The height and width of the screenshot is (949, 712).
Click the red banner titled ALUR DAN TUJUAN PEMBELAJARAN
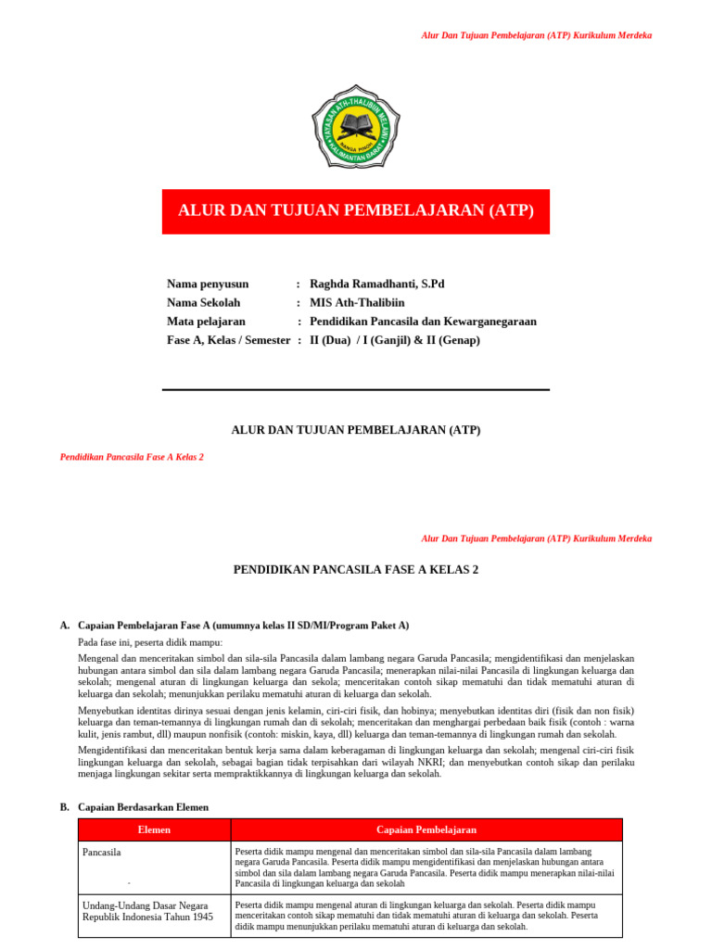356,211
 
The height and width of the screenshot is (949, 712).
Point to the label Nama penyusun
208,284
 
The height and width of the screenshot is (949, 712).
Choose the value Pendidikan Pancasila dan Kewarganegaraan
423,322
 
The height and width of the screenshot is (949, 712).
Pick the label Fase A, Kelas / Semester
228,340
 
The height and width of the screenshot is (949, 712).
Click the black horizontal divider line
356,389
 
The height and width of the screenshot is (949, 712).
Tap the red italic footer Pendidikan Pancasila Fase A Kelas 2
132,457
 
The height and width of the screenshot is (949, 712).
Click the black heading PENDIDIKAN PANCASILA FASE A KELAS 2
356,569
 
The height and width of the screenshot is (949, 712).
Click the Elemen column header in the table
154,829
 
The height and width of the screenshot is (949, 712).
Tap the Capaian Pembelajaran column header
426,829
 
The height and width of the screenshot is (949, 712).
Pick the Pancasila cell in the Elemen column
102,852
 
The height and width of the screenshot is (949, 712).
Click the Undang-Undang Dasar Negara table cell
147,910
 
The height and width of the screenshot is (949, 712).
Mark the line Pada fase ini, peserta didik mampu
150,642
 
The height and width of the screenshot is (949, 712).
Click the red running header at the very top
536,35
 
